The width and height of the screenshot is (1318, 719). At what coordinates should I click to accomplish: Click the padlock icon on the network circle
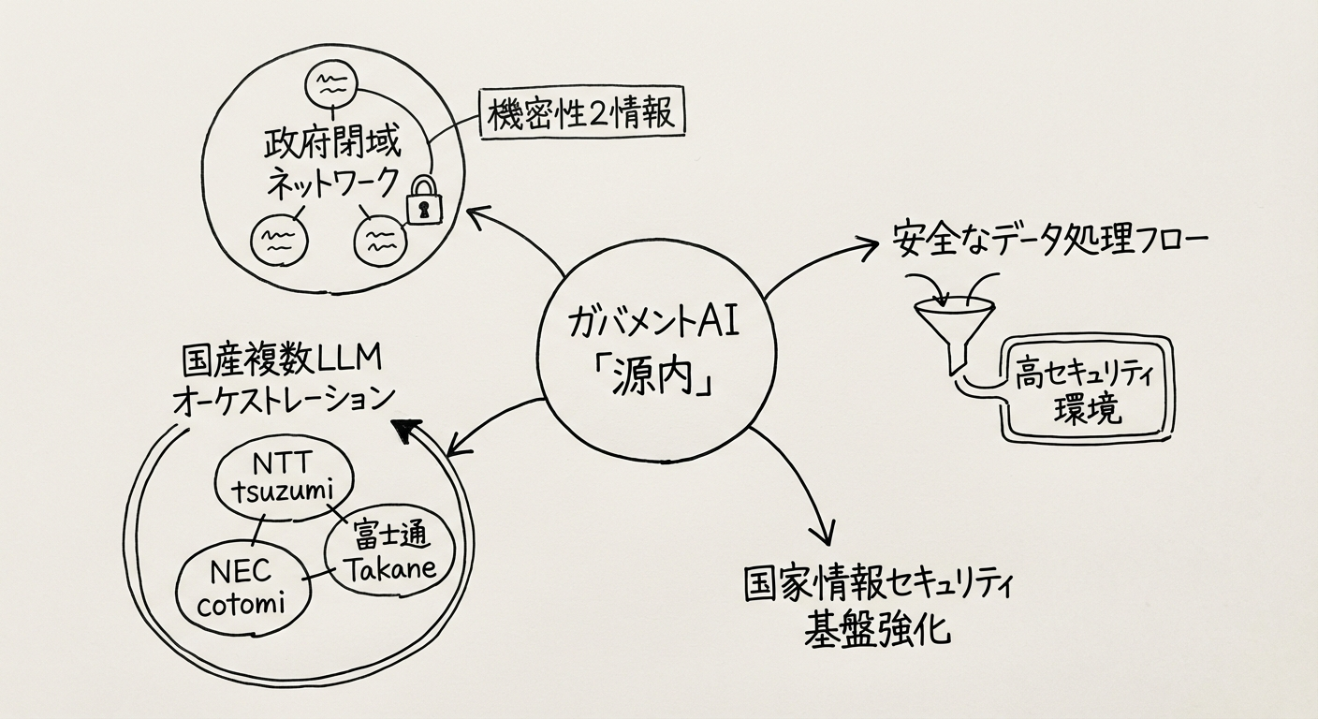click(x=424, y=200)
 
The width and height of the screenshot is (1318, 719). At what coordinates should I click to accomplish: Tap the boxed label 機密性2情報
click(x=580, y=114)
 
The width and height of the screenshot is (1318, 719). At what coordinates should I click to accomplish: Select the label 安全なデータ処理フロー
click(x=1048, y=241)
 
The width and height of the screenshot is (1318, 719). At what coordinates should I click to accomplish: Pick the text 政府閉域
click(x=332, y=145)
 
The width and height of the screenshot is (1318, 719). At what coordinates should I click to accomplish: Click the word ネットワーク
click(x=332, y=182)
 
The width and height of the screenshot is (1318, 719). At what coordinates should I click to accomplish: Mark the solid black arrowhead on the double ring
click(x=404, y=430)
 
